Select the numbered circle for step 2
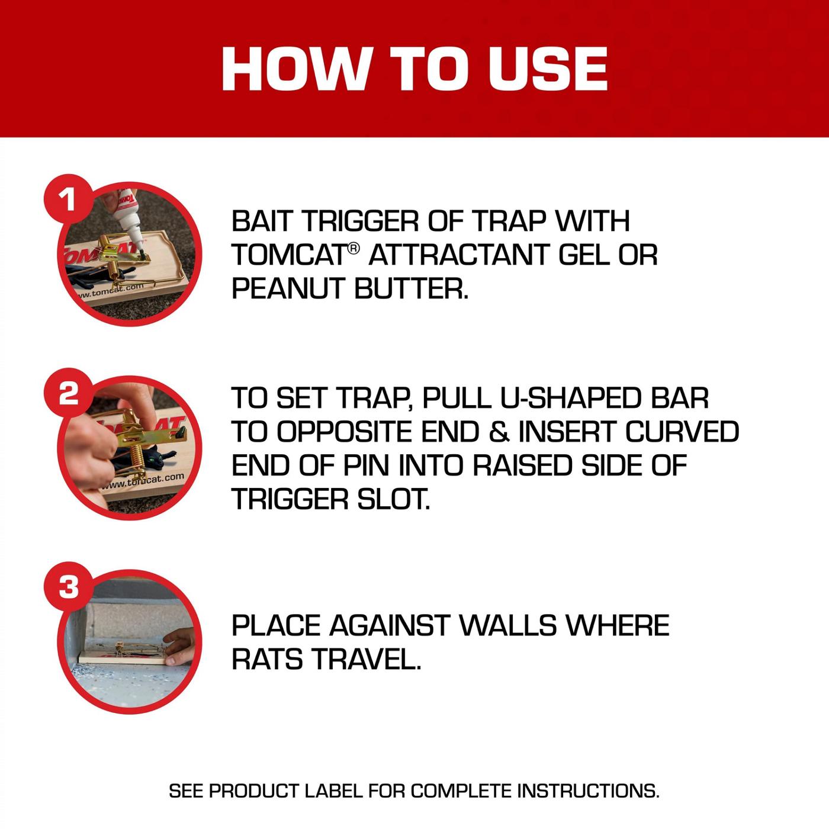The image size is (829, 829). [x=69, y=393]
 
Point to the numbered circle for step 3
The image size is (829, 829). [x=69, y=587]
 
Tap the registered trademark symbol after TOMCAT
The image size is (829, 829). [x=354, y=249]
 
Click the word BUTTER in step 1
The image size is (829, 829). [x=411, y=289]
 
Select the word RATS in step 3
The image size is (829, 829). [x=267, y=659]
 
